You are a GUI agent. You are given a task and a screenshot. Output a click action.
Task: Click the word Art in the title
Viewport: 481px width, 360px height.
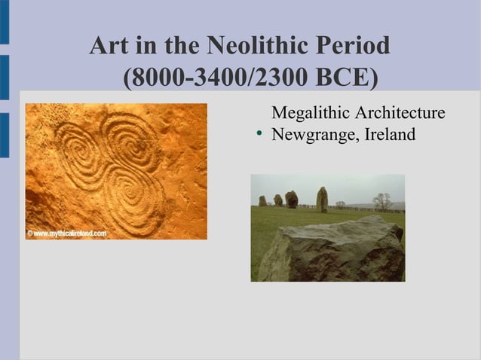[x=109, y=47]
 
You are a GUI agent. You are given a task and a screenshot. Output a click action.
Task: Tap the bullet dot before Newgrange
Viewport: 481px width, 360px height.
[x=259, y=136]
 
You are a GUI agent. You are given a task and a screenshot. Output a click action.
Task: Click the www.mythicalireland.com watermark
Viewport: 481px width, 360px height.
[x=70, y=233]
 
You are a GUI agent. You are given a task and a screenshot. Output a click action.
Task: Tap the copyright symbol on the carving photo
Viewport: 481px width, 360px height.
[x=30, y=233]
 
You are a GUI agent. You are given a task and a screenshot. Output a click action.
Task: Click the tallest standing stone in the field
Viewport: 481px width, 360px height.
[x=322, y=199]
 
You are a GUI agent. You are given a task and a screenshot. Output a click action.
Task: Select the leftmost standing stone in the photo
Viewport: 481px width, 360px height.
[x=262, y=201]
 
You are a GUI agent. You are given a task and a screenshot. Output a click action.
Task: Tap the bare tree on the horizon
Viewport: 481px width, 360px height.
[x=382, y=201]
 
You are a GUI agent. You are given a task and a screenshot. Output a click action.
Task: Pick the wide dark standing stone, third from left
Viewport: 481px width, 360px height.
[x=291, y=199]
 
